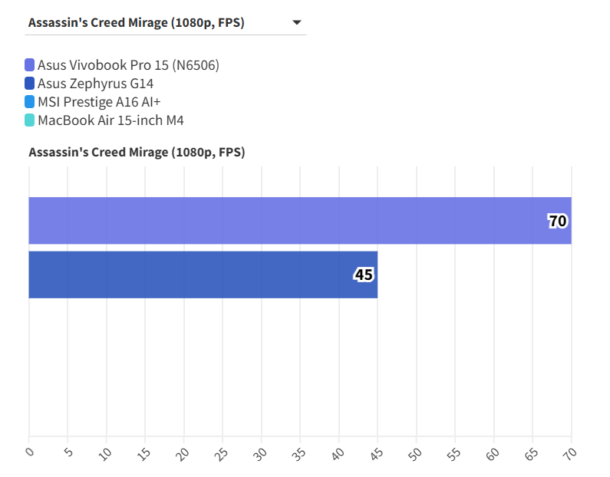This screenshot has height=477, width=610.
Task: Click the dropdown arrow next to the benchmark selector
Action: point(297,23)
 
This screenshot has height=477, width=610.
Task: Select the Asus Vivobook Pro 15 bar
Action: point(299,221)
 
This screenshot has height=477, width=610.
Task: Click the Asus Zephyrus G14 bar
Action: point(203,275)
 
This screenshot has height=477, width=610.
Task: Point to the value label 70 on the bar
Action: point(557,222)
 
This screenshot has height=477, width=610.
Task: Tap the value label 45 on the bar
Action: point(364,275)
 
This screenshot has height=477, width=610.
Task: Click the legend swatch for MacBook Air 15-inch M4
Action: point(30,120)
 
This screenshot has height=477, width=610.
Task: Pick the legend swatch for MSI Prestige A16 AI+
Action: point(30,102)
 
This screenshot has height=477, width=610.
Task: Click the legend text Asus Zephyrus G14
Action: point(95,84)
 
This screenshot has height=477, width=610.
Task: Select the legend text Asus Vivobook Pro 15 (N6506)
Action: point(128,65)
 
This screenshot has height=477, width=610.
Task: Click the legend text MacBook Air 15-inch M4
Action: point(110,120)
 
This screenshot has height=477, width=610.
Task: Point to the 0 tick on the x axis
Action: point(28,452)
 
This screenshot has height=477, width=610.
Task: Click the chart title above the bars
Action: point(137,152)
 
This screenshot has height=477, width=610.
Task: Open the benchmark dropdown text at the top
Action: point(137,23)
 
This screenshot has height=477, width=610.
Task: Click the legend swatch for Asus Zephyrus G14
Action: point(30,84)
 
